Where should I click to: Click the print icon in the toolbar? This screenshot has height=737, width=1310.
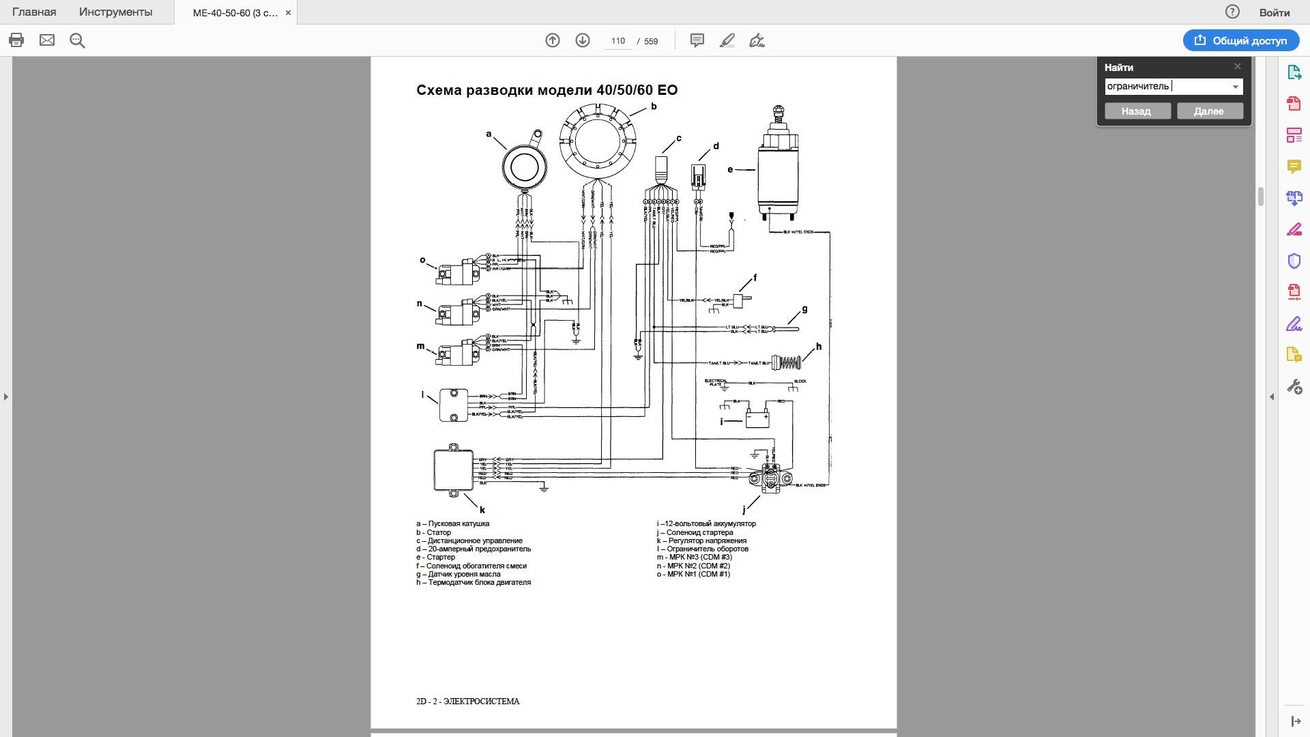(16, 40)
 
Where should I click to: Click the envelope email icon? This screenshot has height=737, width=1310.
(47, 40)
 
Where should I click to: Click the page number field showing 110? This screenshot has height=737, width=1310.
(618, 41)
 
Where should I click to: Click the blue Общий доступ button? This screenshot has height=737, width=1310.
(1240, 40)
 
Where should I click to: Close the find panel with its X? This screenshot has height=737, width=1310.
(1238, 66)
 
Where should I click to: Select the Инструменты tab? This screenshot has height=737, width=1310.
(115, 12)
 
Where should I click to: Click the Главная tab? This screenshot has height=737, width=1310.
(34, 12)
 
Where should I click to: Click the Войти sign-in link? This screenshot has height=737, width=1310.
(1274, 12)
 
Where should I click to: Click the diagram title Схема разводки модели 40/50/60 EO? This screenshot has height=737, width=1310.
(547, 90)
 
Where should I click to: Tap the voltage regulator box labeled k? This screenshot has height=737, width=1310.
(454, 470)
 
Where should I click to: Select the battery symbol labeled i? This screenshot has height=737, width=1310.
(757, 417)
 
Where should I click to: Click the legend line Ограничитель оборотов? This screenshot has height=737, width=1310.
(707, 549)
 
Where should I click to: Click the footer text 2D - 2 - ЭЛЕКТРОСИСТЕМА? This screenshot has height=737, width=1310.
(468, 701)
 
